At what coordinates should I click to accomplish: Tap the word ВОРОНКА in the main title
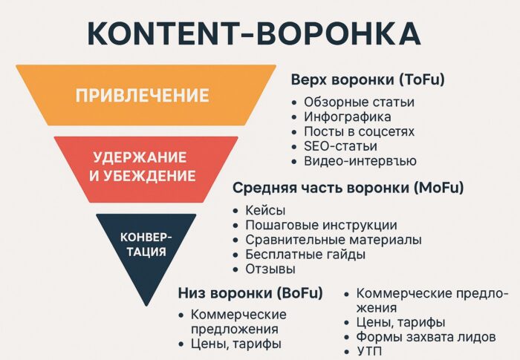(x=335, y=35)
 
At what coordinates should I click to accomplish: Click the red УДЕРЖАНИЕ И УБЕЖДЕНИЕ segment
(x=146, y=167)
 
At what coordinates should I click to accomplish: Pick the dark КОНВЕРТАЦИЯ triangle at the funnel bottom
(x=146, y=244)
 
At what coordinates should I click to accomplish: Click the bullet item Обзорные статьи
(x=359, y=102)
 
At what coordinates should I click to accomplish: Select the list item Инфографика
(x=347, y=117)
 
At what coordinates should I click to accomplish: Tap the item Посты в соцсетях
(x=359, y=131)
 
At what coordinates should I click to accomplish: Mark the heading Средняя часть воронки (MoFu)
(x=348, y=189)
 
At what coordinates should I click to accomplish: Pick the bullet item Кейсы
(x=265, y=211)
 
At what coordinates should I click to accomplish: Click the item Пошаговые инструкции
(x=321, y=225)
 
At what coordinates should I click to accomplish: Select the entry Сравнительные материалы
(x=334, y=240)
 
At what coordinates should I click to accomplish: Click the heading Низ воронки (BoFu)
(x=250, y=292)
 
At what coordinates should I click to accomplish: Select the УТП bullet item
(x=369, y=351)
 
